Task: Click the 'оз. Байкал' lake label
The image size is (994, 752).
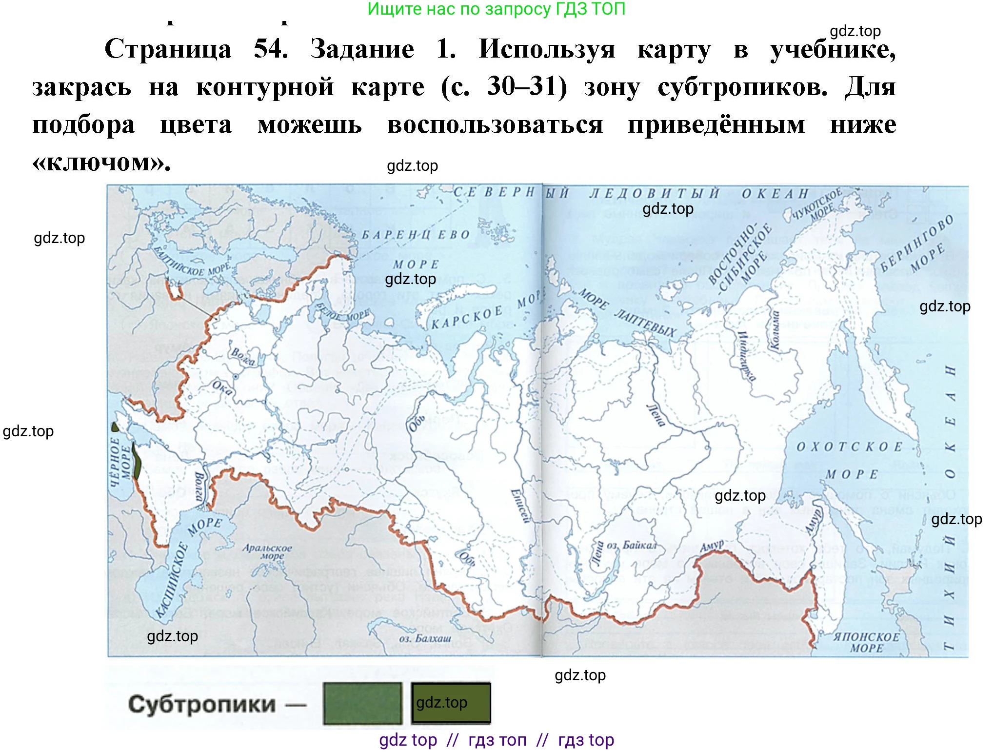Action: tap(631, 545)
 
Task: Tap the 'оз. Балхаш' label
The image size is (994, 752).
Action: tap(425, 638)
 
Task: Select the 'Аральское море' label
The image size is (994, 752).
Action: tap(267, 551)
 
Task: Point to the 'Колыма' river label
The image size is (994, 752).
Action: tap(774, 330)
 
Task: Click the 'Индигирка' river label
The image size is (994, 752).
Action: tap(746, 356)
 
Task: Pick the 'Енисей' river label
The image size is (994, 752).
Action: tap(519, 506)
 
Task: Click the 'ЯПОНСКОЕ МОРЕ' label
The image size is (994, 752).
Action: tap(866, 642)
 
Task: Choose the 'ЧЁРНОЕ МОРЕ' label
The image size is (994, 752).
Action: tap(120, 462)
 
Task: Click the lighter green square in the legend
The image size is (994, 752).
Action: tap(362, 703)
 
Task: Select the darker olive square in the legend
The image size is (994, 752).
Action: tap(451, 703)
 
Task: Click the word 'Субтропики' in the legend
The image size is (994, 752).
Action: tap(201, 704)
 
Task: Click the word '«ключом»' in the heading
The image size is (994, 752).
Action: tap(101, 163)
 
